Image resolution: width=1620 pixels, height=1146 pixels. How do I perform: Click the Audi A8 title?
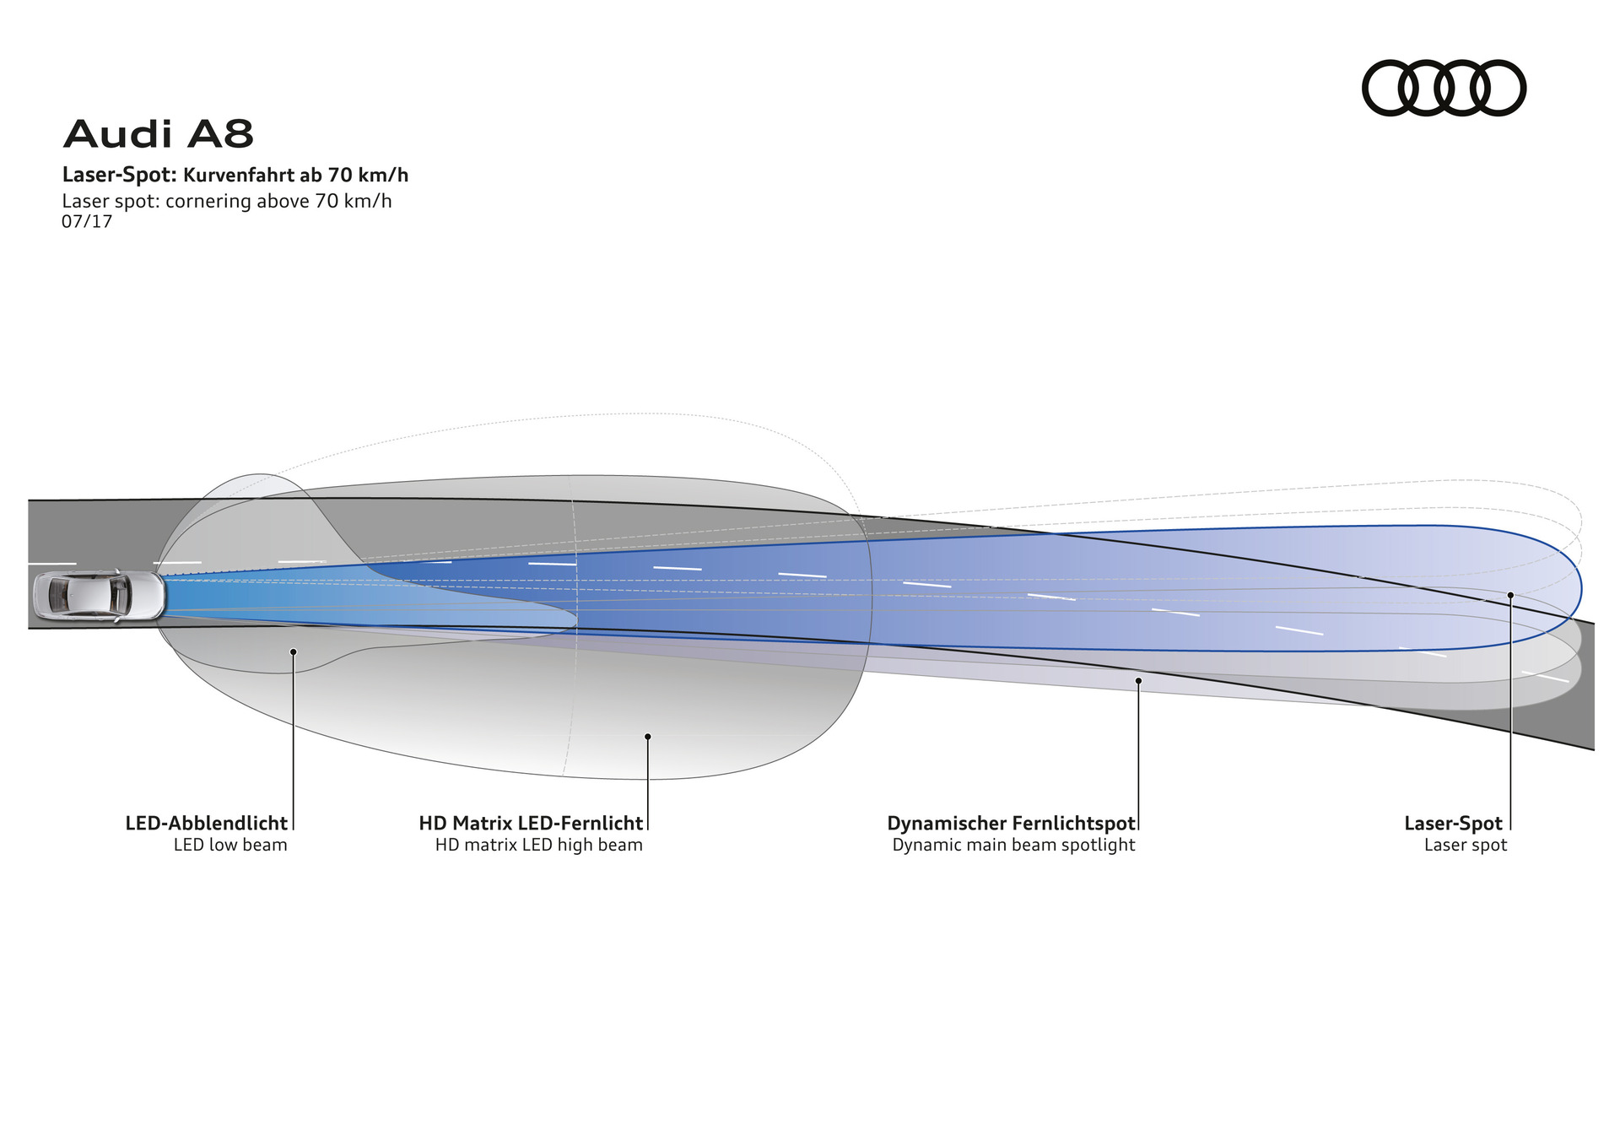coord(159,134)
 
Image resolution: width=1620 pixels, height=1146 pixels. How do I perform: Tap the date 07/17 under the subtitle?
coord(87,222)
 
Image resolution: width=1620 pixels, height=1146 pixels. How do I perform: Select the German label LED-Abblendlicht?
coord(206,823)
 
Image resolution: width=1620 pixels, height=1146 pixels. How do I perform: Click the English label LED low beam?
coord(230,845)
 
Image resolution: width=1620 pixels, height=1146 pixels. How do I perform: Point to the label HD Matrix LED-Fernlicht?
coord(531,823)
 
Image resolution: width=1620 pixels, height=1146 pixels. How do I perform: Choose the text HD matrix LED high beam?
coord(539,845)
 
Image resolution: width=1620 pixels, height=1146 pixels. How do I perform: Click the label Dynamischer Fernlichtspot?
coord(1011,823)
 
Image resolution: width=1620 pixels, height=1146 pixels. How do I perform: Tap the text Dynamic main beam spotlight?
coord(1013,845)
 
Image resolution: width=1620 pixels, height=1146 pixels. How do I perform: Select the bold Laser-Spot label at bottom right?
coord(1453,823)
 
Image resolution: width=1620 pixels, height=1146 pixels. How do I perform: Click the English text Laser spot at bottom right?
coord(1465,845)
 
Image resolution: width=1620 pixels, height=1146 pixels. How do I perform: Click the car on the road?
coord(99,596)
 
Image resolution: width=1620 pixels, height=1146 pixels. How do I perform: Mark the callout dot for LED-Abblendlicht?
coord(293,651)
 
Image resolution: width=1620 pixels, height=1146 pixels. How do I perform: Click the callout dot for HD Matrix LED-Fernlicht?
coord(647,737)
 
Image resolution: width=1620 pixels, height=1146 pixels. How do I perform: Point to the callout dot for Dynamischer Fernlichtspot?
coord(1138,680)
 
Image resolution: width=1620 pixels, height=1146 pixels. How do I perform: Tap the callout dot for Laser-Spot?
coord(1510,595)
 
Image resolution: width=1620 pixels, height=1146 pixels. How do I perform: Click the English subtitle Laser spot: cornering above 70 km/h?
coord(227,201)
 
